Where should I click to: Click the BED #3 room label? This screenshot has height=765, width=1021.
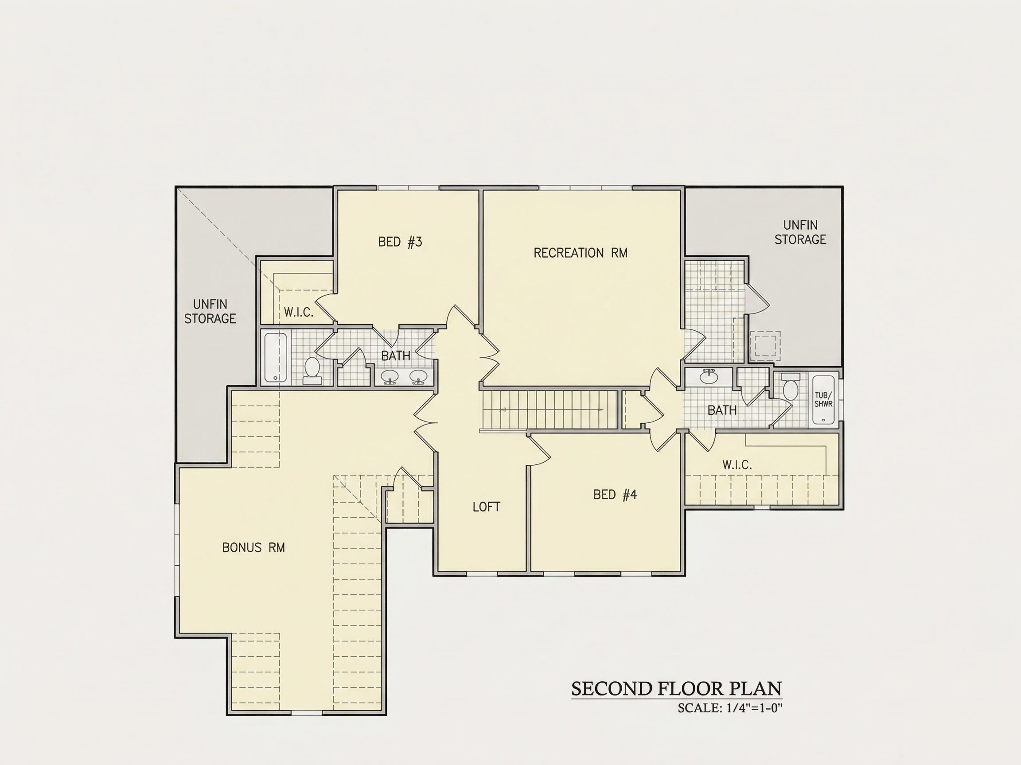pos(400,242)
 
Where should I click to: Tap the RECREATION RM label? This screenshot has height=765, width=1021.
pos(580,253)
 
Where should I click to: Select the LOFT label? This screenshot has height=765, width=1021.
pos(486,507)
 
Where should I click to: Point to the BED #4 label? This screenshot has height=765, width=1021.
pos(615,495)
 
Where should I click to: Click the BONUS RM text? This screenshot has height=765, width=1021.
pos(253,547)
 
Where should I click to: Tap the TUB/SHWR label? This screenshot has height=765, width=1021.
pos(823,399)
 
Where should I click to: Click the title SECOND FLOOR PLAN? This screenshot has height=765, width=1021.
pos(677,688)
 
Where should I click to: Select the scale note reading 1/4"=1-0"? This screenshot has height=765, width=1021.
pos(755,708)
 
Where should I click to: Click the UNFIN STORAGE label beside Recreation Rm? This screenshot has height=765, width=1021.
pos(800,232)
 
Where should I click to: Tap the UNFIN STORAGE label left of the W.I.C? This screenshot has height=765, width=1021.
pos(210,311)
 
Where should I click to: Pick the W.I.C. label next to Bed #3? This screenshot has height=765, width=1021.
pos(299,312)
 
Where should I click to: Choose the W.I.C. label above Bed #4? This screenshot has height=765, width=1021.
pos(737,465)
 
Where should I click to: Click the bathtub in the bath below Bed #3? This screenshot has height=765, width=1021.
pos(276,358)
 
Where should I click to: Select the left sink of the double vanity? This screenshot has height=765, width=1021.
pos(391,377)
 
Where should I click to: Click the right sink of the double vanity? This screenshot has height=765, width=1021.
pos(419,377)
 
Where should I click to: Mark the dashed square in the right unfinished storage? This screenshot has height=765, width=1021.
pos(765,346)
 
